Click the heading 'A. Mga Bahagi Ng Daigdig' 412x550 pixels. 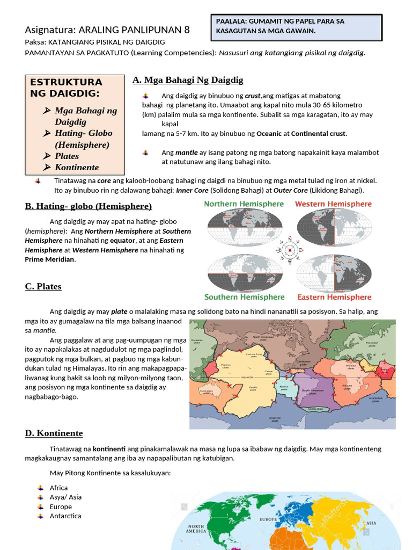[x=188, y=80]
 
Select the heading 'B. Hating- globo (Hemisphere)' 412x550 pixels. [x=88, y=206]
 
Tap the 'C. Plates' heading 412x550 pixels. [x=43, y=286]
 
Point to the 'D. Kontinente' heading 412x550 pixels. [x=54, y=433]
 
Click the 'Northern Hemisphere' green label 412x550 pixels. [x=244, y=204]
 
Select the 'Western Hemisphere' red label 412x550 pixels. [x=333, y=204]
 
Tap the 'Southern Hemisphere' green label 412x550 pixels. [x=244, y=297]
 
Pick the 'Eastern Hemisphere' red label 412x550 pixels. [x=334, y=297]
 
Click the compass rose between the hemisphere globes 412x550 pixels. [x=289, y=250]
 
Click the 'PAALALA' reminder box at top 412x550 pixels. [x=297, y=26]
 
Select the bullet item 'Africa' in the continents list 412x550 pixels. [x=58, y=488]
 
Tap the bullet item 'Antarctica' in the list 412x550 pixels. [x=65, y=516]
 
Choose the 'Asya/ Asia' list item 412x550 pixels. [x=65, y=497]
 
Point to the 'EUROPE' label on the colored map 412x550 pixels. [x=268, y=519]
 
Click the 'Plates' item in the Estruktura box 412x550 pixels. [x=67, y=156]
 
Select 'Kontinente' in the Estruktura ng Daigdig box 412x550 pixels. [x=76, y=168]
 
